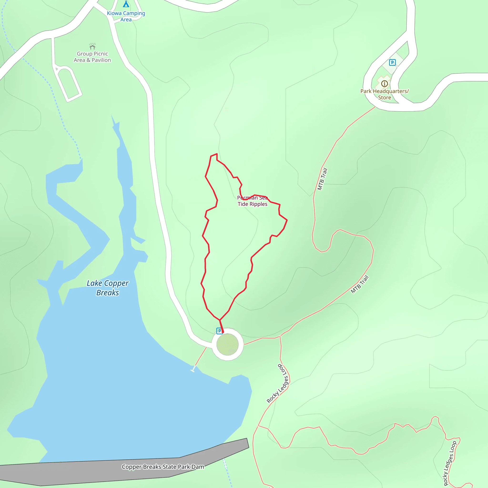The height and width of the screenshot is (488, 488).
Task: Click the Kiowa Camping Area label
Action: point(126,16)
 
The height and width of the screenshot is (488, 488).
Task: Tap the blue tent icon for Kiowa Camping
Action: point(126,4)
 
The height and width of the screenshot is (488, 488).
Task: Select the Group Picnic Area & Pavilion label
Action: point(92,57)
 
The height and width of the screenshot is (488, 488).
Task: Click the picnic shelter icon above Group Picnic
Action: point(92,46)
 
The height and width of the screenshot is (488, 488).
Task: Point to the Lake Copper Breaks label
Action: point(108,288)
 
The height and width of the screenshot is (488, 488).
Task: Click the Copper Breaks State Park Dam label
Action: point(163,467)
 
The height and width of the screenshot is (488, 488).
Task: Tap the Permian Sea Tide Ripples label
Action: point(252,201)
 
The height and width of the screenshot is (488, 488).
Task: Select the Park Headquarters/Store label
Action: point(384,94)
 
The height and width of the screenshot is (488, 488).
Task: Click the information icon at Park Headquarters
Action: point(384,84)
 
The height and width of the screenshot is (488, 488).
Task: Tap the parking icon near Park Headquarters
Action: point(392,62)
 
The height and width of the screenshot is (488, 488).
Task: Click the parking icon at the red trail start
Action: point(219,331)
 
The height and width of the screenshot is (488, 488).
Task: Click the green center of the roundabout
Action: point(227,344)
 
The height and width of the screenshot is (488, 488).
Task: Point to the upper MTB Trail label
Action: point(322,179)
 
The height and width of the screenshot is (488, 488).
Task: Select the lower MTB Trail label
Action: point(360,285)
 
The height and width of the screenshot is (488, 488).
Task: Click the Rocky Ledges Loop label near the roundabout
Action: point(278,384)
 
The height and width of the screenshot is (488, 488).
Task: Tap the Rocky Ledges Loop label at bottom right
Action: point(450,463)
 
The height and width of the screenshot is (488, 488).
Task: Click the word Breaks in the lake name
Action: point(108,293)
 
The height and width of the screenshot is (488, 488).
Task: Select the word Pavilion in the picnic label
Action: point(101,60)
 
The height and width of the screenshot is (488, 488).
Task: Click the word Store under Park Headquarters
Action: point(384,97)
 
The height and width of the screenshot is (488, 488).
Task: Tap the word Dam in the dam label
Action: point(198,467)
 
